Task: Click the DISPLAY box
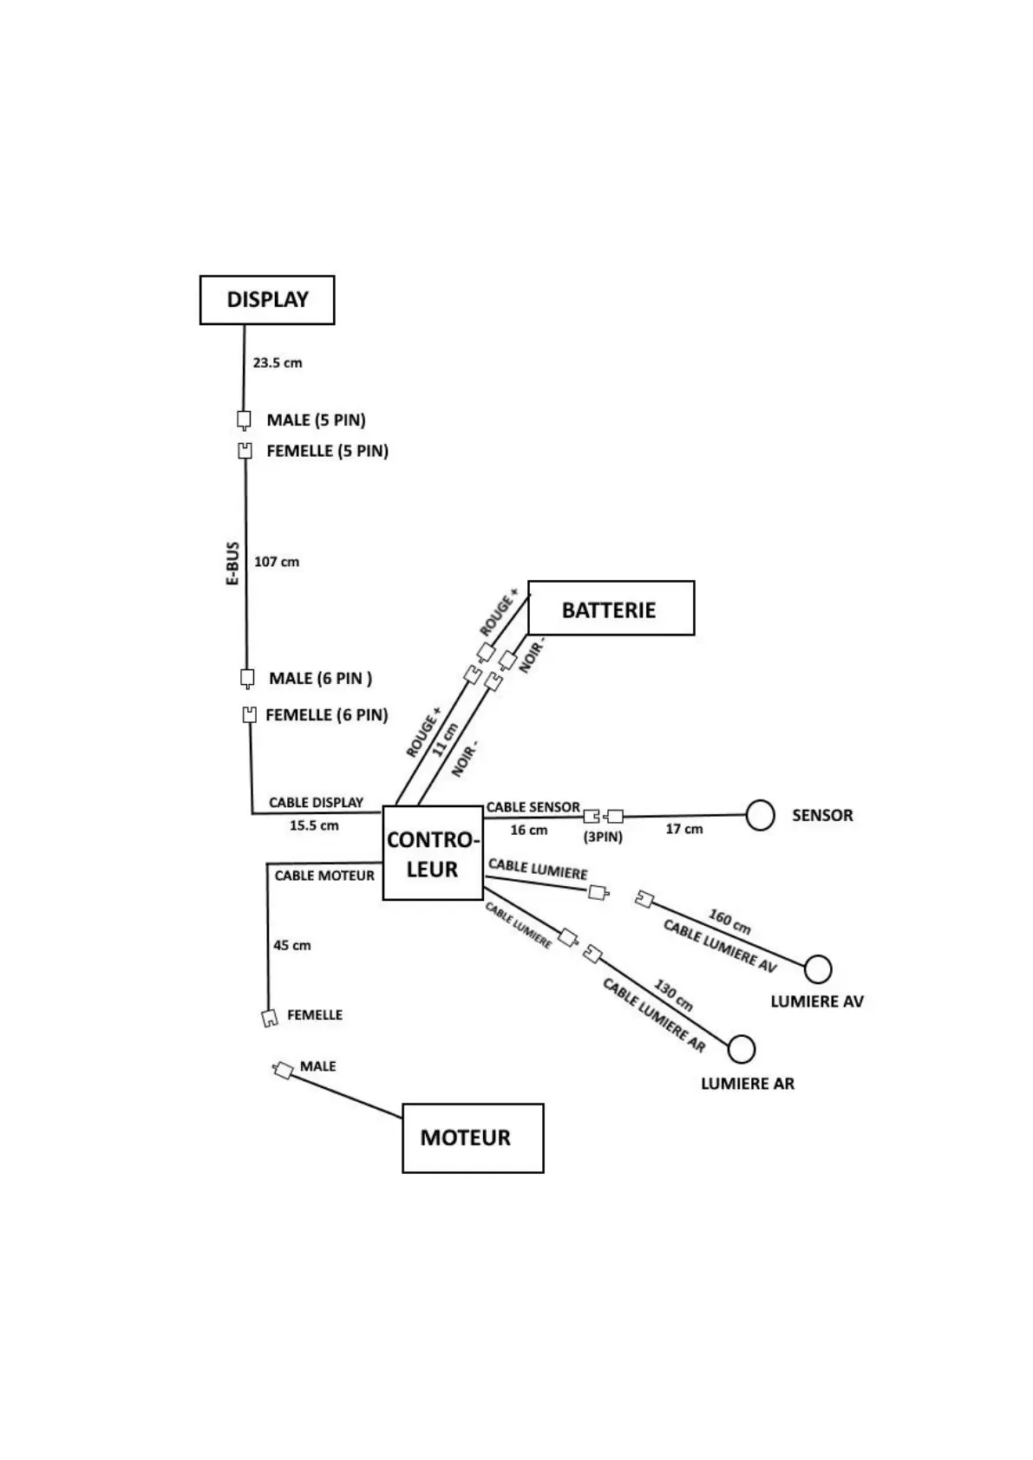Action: tap(267, 300)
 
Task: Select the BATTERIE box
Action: tap(611, 609)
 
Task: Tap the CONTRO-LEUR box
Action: tap(432, 853)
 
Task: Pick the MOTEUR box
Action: tap(473, 1137)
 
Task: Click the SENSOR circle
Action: tap(760, 815)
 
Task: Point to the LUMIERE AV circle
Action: tap(818, 968)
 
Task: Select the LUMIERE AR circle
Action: tap(741, 1049)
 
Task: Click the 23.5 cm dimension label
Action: tap(278, 363)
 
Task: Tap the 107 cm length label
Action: tap(277, 562)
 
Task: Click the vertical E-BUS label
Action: tap(232, 564)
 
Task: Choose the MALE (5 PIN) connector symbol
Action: tap(245, 420)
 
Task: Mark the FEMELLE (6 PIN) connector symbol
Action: tap(250, 714)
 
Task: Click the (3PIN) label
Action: tap(603, 837)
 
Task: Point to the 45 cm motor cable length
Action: tap(291, 945)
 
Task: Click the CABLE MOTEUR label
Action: tap(324, 876)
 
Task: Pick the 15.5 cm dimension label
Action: tap(314, 825)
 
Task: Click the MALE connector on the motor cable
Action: tap(283, 1070)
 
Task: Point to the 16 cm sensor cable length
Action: tap(528, 830)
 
